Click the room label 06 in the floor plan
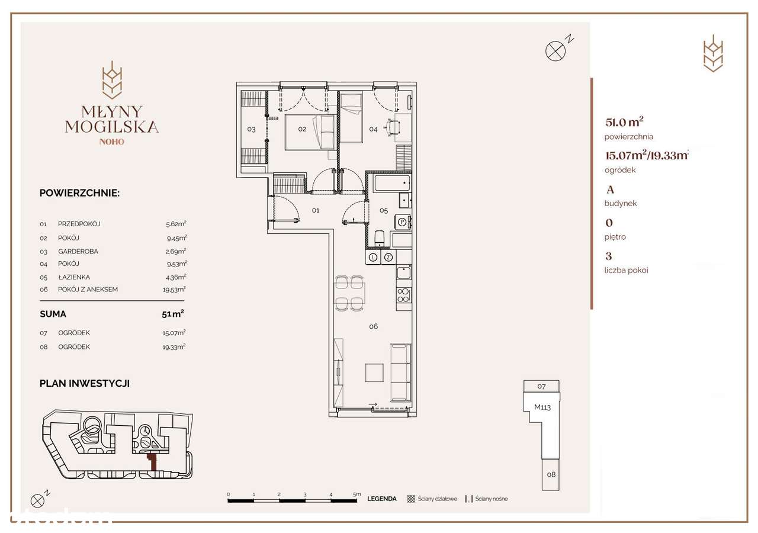(x=373, y=326)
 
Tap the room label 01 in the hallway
(x=316, y=210)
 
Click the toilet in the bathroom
(x=380, y=238)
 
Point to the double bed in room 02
(x=310, y=131)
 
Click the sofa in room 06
(x=400, y=372)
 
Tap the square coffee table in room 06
(x=374, y=372)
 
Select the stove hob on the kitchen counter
(x=403, y=294)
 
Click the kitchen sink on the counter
(x=403, y=273)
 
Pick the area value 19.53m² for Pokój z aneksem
(x=176, y=290)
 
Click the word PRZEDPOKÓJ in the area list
(x=79, y=224)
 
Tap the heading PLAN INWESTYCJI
(x=85, y=383)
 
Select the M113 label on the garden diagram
(x=542, y=407)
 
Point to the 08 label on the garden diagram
(x=550, y=474)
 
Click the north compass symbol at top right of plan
(x=555, y=51)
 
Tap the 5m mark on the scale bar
(x=356, y=493)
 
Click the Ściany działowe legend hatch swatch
(x=411, y=499)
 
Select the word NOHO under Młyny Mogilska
(x=112, y=142)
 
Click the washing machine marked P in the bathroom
(x=402, y=222)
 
